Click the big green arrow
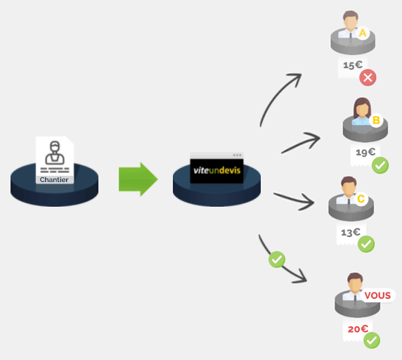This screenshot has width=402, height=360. point(138,179)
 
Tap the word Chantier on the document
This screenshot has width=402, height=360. point(54,180)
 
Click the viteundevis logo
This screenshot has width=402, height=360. point(217,171)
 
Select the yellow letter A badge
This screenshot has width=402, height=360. point(363,33)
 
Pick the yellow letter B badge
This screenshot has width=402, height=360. point(376,120)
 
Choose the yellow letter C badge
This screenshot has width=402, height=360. point(361,199)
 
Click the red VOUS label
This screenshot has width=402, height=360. point(377,295)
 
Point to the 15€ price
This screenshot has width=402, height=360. point(353,65)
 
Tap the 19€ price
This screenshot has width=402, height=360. point(365,153)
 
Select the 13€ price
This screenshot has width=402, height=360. point(351,232)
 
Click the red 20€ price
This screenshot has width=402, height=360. point(358,329)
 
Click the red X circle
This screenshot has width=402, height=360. point(368,77)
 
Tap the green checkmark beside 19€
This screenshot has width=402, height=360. point(380,165)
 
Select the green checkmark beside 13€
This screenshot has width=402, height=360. point(366,244)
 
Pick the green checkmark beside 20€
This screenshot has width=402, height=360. point(372,340)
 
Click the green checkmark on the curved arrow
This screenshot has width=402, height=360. point(277,259)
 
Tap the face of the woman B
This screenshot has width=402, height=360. point(362,109)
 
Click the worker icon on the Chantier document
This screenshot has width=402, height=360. point(55,153)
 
